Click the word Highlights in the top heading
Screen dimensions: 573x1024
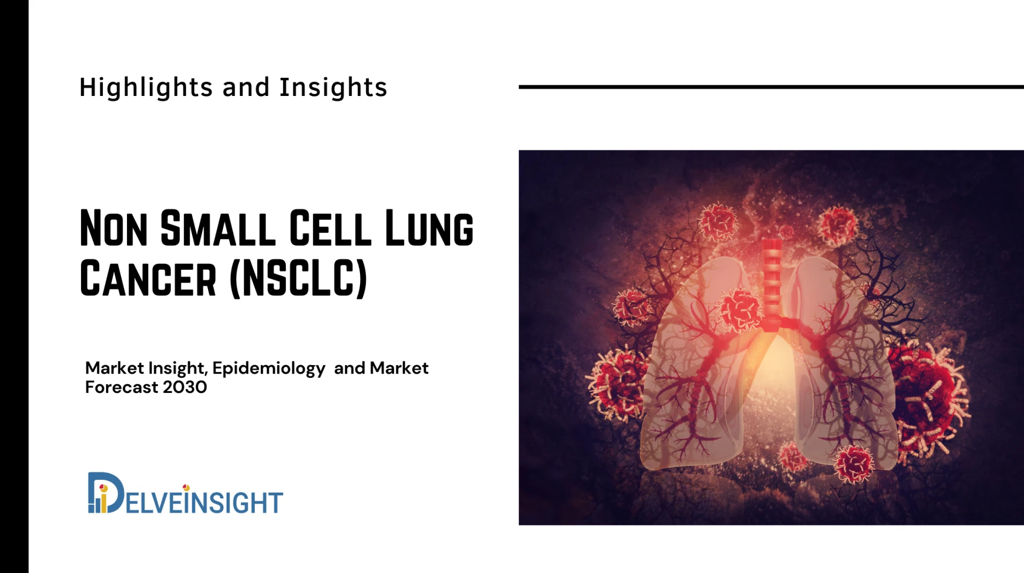[146, 87]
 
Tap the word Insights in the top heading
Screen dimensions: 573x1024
[333, 87]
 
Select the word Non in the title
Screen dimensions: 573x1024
[114, 229]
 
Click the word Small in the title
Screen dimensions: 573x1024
[218, 229]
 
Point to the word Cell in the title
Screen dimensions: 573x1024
[330, 229]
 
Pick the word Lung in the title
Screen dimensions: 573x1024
[429, 229]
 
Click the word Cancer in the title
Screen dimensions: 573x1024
[148, 279]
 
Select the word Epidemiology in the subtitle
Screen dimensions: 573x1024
[268, 368]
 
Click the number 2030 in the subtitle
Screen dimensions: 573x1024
[185, 387]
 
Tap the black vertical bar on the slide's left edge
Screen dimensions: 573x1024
[14, 286]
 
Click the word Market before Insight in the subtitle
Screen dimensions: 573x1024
[114, 368]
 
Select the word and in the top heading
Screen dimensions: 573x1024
[246, 87]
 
